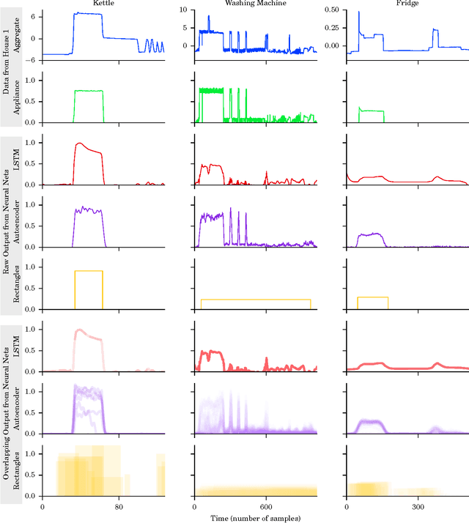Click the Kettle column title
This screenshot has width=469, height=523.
click(x=102, y=4)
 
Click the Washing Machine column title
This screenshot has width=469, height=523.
click(x=255, y=4)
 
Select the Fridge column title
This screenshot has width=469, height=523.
click(x=406, y=4)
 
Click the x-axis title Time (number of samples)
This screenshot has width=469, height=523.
click(x=254, y=518)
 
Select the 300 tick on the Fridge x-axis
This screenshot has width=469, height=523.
click(x=417, y=507)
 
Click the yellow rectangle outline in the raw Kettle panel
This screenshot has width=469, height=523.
click(x=89, y=272)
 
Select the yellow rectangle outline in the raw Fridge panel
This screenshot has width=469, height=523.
click(x=372, y=297)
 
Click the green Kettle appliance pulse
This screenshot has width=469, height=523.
click(x=89, y=91)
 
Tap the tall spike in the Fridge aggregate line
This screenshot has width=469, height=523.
click(x=358, y=12)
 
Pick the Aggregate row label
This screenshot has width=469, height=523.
click(x=32, y=35)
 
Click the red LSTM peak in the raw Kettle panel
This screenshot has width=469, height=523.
click(x=79, y=144)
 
